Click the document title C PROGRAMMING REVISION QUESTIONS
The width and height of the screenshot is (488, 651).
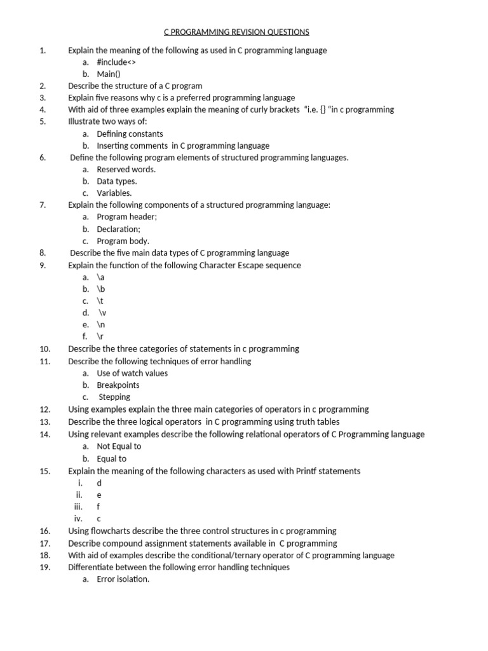coord(236,32)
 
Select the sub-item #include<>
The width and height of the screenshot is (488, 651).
coord(116,62)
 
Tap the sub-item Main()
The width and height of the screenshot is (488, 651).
coord(109,74)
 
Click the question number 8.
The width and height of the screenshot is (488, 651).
coord(42,253)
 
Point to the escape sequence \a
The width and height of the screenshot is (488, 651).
coord(100,277)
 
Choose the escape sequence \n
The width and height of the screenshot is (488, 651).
coord(101,325)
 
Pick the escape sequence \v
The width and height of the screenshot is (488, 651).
coord(102,313)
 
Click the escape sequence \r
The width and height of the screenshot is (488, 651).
coord(100,337)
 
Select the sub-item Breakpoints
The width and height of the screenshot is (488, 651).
coord(118,385)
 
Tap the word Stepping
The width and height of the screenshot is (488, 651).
coord(114,397)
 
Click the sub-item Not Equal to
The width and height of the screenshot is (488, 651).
coord(119,446)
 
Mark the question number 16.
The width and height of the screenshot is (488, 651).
coord(44,531)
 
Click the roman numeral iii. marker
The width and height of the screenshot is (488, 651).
coord(78,507)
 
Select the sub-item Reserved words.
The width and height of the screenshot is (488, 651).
coord(126,170)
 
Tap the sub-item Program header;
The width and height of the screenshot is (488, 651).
coord(126,217)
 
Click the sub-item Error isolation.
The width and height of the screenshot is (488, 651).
coord(123,579)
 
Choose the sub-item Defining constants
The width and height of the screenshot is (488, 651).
coord(130,134)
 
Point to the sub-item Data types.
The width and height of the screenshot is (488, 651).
coord(117,181)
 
